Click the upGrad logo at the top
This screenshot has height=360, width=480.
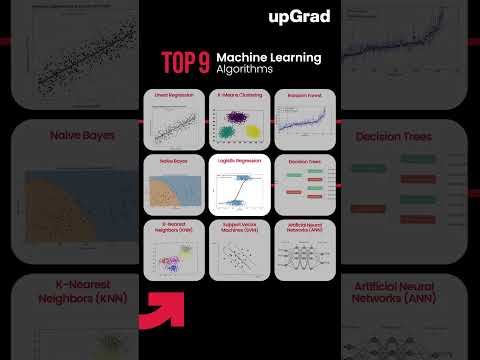point(299,16)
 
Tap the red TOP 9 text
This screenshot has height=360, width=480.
point(186,63)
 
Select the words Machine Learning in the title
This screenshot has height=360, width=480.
point(269,57)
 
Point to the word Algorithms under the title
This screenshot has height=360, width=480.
point(245,71)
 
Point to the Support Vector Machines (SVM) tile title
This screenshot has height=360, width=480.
point(240,228)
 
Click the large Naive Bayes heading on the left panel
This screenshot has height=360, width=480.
point(68,134)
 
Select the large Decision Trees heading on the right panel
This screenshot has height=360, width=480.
point(411,134)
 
